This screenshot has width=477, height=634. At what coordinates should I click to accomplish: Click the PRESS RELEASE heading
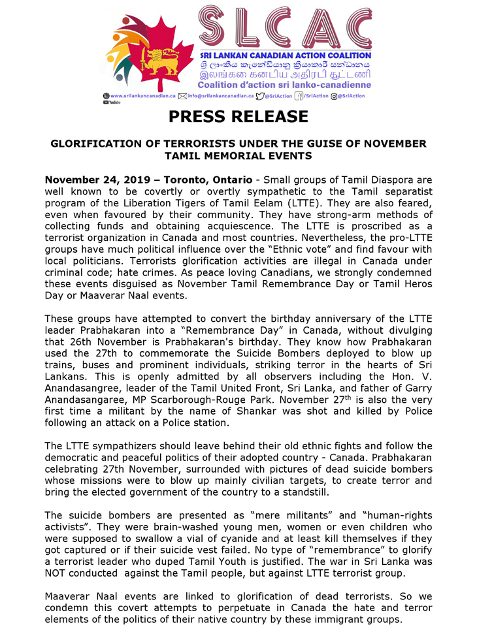[x=238, y=117]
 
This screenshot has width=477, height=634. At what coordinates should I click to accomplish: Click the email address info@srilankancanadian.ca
[x=220, y=95]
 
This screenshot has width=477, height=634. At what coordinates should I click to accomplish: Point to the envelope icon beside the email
[x=182, y=95]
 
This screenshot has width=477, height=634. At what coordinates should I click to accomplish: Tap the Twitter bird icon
[x=259, y=95]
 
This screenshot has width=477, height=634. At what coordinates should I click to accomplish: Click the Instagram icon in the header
[x=334, y=95]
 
